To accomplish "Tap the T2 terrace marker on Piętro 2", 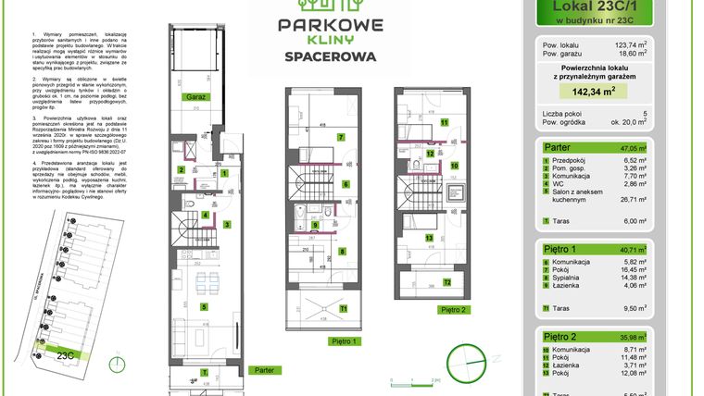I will [446, 283].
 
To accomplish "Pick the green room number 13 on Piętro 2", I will [429, 236].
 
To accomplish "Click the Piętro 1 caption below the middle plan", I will [344, 340].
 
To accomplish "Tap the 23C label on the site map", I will [65, 354].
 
